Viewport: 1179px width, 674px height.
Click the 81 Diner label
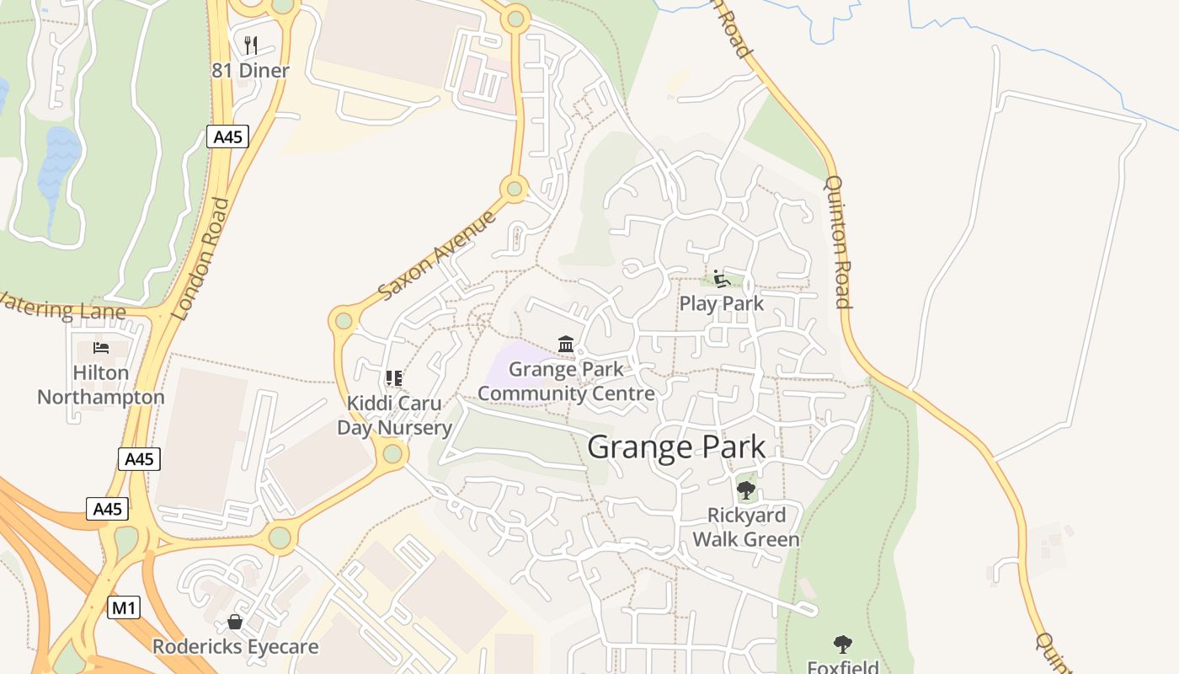pos(250,71)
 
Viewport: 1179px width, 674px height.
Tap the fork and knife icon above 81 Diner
pos(250,45)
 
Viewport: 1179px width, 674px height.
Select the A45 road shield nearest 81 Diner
pos(227,136)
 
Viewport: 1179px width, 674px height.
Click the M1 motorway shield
pos(123,607)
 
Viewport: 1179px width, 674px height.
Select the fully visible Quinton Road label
pos(839,241)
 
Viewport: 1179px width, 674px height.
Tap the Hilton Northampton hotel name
pos(101,384)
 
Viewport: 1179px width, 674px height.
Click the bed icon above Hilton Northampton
pos(101,348)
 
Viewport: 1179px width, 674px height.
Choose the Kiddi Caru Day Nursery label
pos(394,415)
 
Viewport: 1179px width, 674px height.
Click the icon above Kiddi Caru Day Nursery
pos(393,379)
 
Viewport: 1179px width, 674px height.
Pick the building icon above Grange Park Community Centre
pos(566,345)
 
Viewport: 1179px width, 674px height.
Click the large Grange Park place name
pos(676,447)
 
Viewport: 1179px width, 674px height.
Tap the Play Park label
pos(721,303)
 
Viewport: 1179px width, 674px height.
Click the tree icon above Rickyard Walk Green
pos(745,489)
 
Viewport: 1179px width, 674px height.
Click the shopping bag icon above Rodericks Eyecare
pos(235,622)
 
